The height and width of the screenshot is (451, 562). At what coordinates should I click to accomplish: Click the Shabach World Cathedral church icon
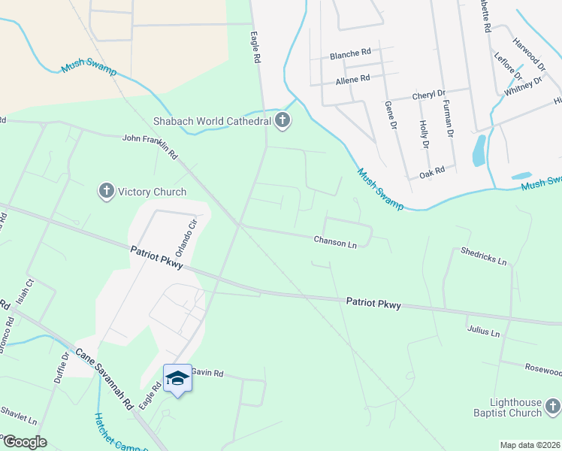[283, 120]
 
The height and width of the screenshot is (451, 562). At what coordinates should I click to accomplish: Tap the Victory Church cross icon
[106, 192]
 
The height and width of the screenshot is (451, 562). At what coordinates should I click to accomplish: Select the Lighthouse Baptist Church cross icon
[552, 407]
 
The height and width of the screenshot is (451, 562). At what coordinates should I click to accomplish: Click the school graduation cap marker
[177, 378]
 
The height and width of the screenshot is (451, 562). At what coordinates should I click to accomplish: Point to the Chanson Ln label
[335, 243]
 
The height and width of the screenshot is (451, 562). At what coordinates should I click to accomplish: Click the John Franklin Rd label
[150, 146]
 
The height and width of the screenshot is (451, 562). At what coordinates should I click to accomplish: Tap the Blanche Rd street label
[350, 53]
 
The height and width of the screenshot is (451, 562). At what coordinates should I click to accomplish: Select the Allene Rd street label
[352, 78]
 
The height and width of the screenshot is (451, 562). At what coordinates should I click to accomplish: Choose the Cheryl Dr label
[429, 97]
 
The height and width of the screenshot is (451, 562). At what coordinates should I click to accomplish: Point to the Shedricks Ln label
[484, 256]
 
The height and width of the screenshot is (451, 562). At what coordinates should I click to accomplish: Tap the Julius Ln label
[483, 331]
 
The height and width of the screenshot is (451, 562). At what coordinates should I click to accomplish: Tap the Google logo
[25, 442]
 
